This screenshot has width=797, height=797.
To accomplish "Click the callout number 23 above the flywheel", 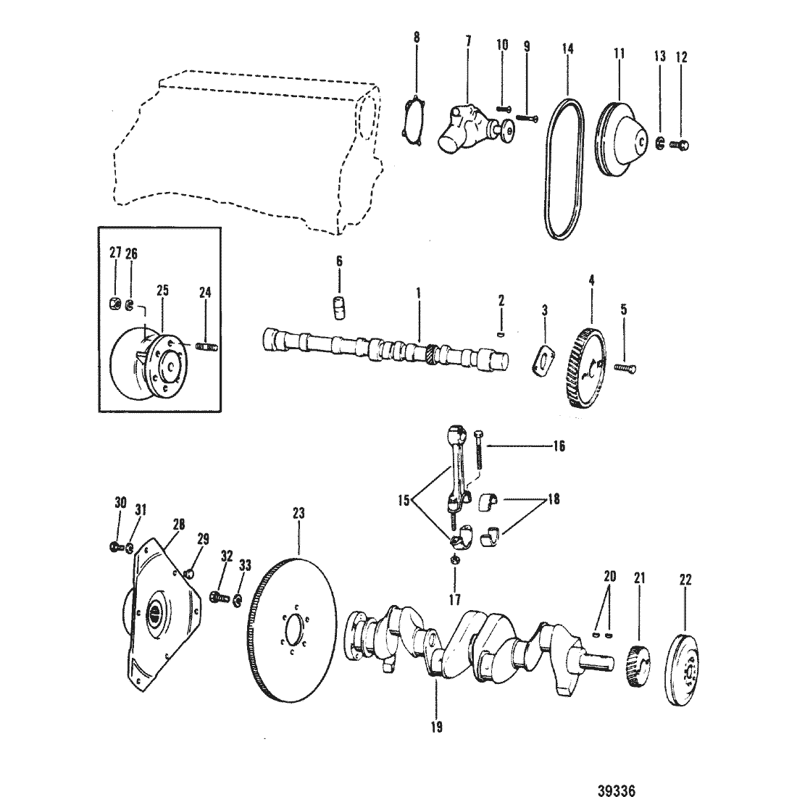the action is (299, 514).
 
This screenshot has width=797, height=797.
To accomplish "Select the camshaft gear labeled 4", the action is (585, 369).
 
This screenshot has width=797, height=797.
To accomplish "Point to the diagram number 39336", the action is (617, 790).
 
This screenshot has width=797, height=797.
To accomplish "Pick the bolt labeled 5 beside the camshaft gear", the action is (625, 367).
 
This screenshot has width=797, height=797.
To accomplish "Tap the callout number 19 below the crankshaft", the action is (436, 727).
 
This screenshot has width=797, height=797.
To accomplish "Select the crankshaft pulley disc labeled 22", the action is (682, 668).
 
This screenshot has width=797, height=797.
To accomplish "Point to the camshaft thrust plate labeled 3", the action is (543, 360).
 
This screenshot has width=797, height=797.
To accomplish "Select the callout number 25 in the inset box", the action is (162, 291).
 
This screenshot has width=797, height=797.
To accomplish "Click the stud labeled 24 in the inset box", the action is (207, 346).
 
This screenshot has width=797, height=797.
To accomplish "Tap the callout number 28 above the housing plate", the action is (178, 524).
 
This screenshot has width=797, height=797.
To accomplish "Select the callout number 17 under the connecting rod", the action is (455, 599).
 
